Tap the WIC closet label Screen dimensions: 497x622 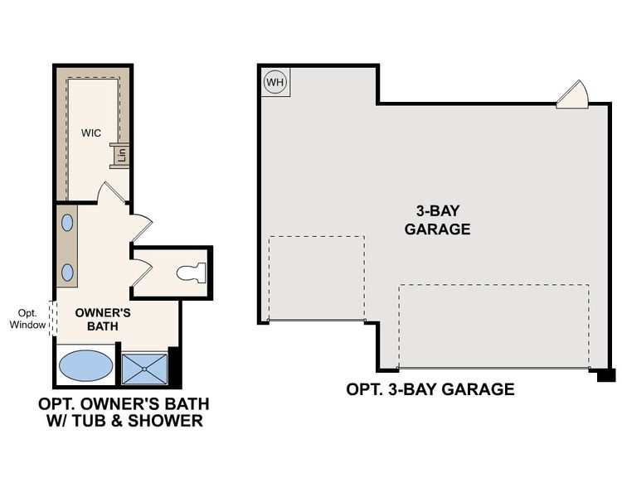click(90, 133)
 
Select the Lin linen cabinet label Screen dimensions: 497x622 click(121, 153)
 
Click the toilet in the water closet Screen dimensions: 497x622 click(192, 272)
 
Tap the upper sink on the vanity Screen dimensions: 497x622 click(67, 223)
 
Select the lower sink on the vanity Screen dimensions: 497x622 click(67, 273)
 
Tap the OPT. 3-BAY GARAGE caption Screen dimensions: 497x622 click(430, 388)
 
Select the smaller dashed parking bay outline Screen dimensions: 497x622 click(316, 278)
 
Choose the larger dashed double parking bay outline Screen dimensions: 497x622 click(493, 326)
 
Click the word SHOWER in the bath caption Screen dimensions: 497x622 click(168, 422)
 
